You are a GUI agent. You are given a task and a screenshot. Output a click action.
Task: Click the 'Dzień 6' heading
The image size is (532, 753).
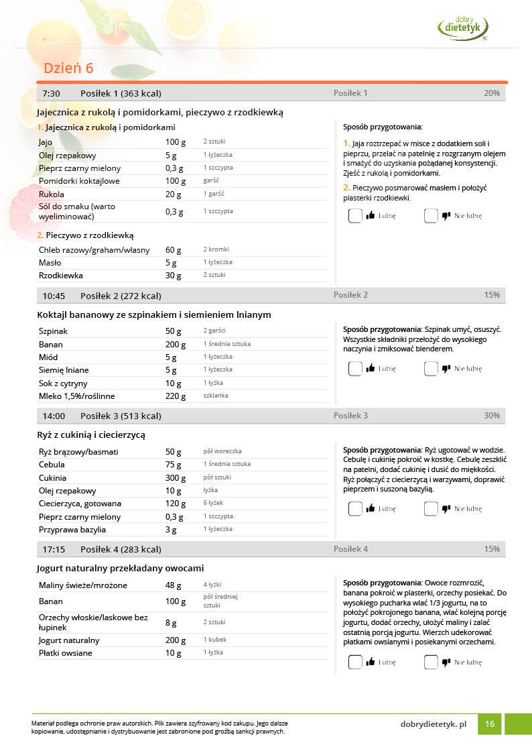click(68, 68)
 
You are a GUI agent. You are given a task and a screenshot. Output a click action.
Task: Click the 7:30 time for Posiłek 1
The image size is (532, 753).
click(51, 93)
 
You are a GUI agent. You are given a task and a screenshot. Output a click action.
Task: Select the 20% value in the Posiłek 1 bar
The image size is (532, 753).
click(491, 93)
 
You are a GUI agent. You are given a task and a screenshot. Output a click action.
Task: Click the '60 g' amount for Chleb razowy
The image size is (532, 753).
click(174, 250)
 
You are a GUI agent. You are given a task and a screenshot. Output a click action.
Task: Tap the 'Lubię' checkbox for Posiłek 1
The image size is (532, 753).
click(355, 216)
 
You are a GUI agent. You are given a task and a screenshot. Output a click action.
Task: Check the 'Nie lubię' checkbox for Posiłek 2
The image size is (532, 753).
click(431, 368)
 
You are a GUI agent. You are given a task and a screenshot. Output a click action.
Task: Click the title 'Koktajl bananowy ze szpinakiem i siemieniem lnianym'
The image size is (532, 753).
click(153, 314)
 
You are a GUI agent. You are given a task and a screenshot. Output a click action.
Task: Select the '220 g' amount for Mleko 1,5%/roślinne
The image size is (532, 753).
click(176, 396)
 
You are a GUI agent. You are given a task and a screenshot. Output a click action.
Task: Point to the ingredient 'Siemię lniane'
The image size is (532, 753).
click(64, 370)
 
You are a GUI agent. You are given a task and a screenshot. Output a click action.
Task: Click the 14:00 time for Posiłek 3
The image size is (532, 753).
click(54, 416)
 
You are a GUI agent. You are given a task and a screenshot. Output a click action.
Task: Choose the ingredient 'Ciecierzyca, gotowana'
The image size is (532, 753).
click(79, 504)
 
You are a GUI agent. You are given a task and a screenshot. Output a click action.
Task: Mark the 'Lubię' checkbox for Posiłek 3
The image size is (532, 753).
click(355, 508)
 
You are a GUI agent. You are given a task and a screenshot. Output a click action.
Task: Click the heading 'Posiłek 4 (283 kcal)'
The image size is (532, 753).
click(121, 549)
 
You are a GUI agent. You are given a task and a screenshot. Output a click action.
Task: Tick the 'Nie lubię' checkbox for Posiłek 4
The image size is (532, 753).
click(431, 662)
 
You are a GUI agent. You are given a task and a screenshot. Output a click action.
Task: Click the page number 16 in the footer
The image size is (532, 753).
click(490, 724)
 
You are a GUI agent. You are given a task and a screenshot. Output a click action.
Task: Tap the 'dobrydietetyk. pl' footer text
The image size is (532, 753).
click(433, 724)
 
